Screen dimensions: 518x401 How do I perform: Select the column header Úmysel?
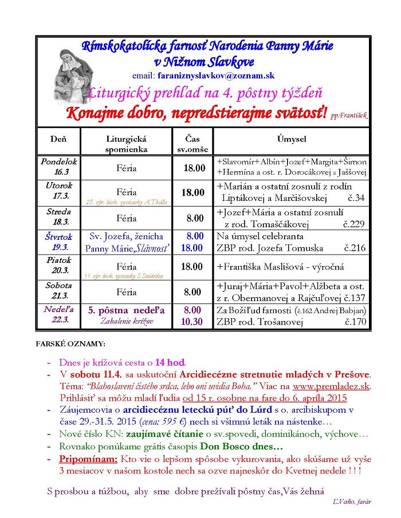[292, 139]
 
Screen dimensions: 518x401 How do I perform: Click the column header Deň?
[58, 139]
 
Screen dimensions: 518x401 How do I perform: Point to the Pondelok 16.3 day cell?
[58, 167]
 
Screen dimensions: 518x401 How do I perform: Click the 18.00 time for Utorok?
[193, 193]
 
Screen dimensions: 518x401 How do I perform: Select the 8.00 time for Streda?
[195, 218]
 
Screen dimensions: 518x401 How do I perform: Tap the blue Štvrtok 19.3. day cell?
[58, 242]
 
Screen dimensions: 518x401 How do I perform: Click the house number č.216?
[355, 248]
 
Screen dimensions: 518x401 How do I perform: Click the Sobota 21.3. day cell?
[58, 290]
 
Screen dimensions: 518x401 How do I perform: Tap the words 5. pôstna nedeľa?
[127, 310]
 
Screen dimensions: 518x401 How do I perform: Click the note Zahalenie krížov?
[127, 322]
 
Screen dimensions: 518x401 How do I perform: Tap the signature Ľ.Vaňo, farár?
[351, 501]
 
